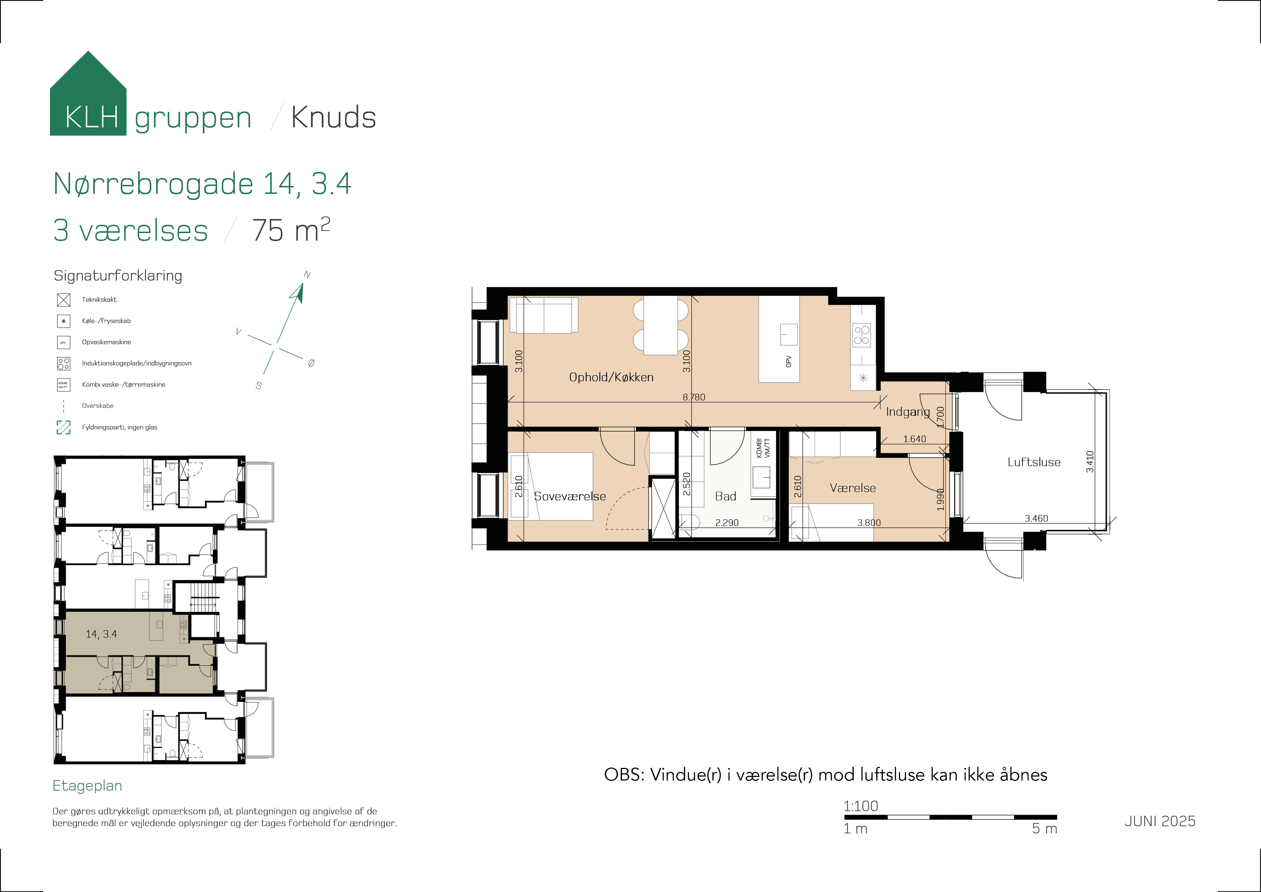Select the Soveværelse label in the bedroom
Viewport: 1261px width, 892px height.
[569, 496]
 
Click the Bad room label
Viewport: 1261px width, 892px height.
[725, 496]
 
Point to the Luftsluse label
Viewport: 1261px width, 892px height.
[1033, 462]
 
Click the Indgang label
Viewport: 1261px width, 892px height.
[907, 411]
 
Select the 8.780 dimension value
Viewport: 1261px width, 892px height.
[694, 397]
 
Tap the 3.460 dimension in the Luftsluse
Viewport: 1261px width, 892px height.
[1036, 518]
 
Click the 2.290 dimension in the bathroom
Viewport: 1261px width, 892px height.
[726, 523]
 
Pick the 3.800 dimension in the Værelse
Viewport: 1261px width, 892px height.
[869, 523]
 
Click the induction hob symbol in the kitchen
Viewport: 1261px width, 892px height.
[861, 335]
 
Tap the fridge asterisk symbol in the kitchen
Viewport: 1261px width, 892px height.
[863, 378]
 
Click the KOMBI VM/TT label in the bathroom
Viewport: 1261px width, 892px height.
[763, 448]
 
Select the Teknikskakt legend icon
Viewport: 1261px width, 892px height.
[64, 300]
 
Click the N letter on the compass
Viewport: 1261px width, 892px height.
[307, 275]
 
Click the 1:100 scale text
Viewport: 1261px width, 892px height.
[861, 806]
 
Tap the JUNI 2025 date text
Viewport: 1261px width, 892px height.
[1159, 821]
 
